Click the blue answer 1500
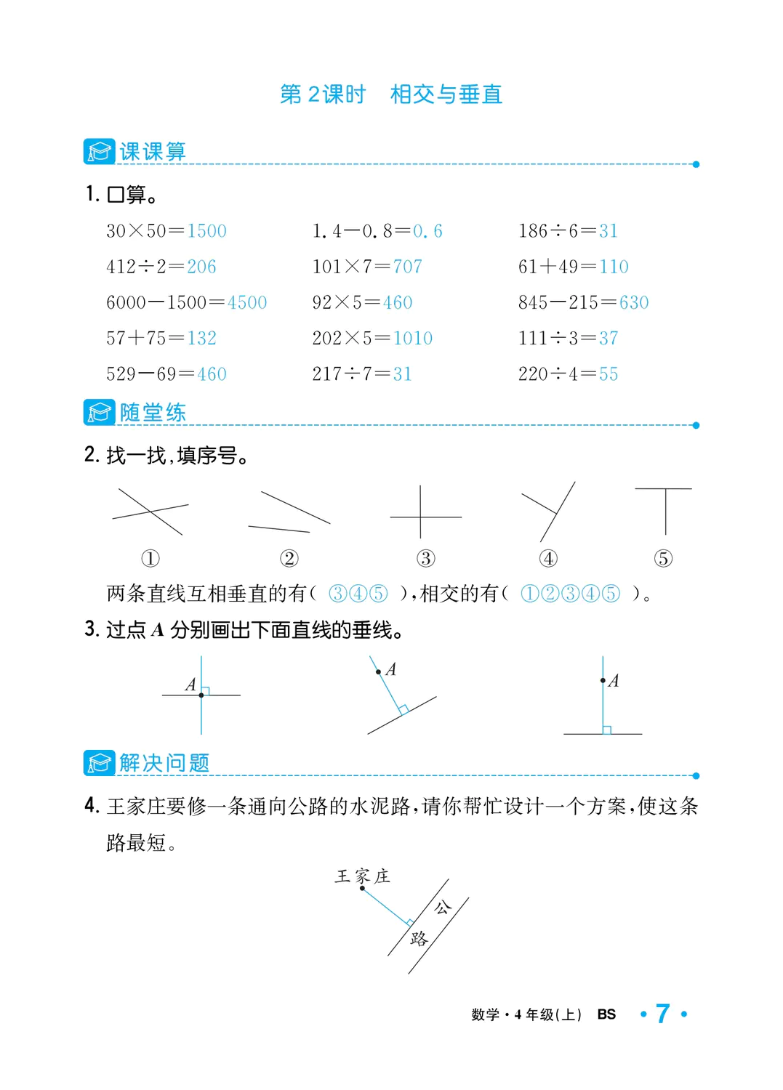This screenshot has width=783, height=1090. (x=206, y=231)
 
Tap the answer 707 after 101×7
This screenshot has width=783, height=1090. (x=407, y=267)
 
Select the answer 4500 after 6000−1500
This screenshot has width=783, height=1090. (x=246, y=302)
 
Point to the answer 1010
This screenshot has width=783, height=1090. (x=412, y=338)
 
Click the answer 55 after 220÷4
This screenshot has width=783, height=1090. (x=609, y=374)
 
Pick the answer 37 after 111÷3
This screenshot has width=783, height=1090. (x=609, y=338)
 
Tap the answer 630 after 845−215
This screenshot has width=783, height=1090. (x=633, y=302)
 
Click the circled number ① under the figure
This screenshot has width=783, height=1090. (x=150, y=558)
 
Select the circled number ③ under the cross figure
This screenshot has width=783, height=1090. (x=426, y=558)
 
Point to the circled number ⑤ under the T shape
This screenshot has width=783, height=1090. (x=663, y=558)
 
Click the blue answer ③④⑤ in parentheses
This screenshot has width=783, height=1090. (x=358, y=594)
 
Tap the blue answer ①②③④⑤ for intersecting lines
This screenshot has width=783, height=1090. (x=571, y=594)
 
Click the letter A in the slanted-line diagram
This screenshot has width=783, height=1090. (x=391, y=669)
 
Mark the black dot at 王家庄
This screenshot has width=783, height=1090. (x=362, y=888)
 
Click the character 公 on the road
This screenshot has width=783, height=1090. (x=442, y=907)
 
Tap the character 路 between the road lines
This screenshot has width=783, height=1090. (x=419, y=938)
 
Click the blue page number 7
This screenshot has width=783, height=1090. (x=662, y=1014)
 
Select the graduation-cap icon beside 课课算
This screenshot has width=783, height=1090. (x=99, y=151)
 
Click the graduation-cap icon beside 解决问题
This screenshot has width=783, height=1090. (x=99, y=762)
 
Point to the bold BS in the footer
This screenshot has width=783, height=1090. (x=606, y=1014)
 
